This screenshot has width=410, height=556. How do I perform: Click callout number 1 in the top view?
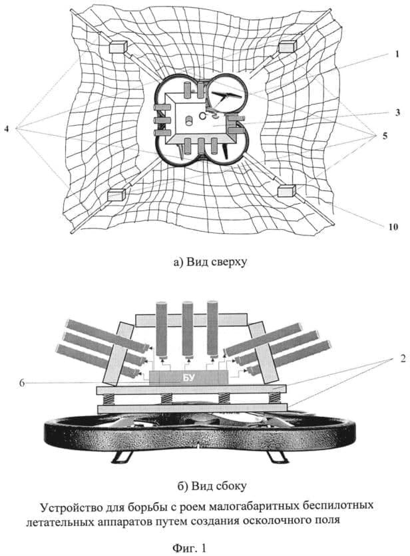tap(397, 53)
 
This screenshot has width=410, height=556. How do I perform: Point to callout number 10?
tap(393, 226)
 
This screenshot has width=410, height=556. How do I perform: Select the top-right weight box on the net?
tap(287, 46)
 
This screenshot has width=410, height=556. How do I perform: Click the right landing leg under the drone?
tap(276, 457)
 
